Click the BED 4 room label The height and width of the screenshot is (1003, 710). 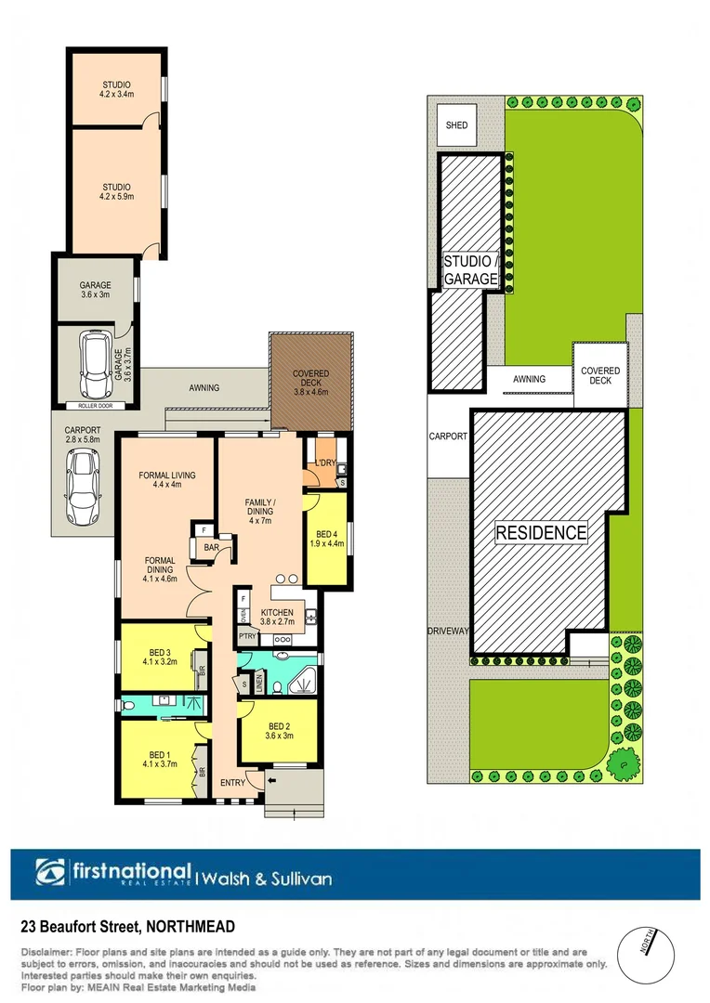pos(325,541)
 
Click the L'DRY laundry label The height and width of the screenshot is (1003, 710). pos(324,462)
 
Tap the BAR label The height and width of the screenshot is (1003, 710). pos(212,549)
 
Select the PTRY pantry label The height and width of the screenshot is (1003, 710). pos(246,636)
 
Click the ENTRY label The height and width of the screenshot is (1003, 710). pos(231,782)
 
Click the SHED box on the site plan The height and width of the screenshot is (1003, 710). pos(456,125)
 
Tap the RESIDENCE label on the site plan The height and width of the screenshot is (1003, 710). pos(541,533)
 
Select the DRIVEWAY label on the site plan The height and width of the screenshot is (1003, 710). pos(449,632)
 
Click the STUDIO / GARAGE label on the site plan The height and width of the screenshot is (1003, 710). pos(470,270)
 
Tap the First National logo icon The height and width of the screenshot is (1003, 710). pos(49,874)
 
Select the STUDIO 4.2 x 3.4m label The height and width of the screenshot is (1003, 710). pos(117,88)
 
